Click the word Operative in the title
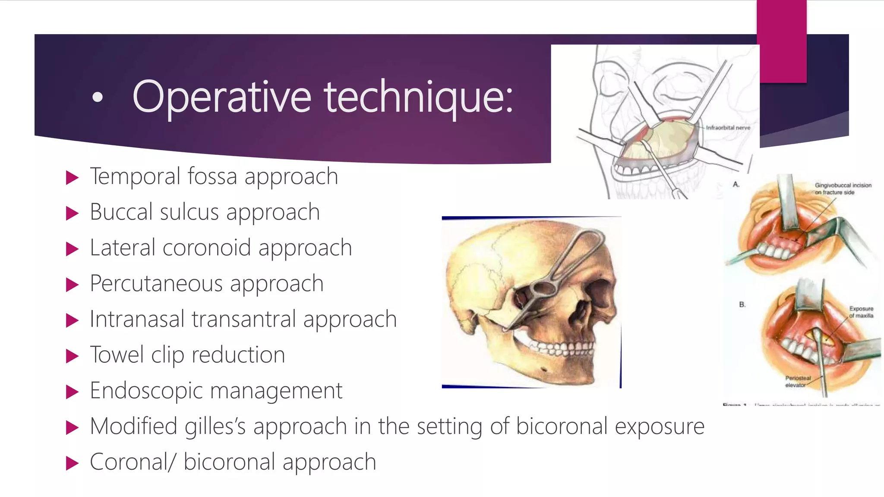click(221, 97)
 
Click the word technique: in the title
click(419, 97)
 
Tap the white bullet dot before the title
click(98, 98)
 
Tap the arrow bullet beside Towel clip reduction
click(72, 356)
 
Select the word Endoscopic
click(146, 391)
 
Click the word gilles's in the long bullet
click(215, 426)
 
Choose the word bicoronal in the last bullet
click(229, 462)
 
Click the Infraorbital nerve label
click(728, 128)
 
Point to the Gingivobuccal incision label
click(842, 189)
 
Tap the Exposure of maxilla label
click(861, 312)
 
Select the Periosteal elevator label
click(797, 381)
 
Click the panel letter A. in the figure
click(736, 184)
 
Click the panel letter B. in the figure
click(742, 305)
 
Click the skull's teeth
click(561, 347)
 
